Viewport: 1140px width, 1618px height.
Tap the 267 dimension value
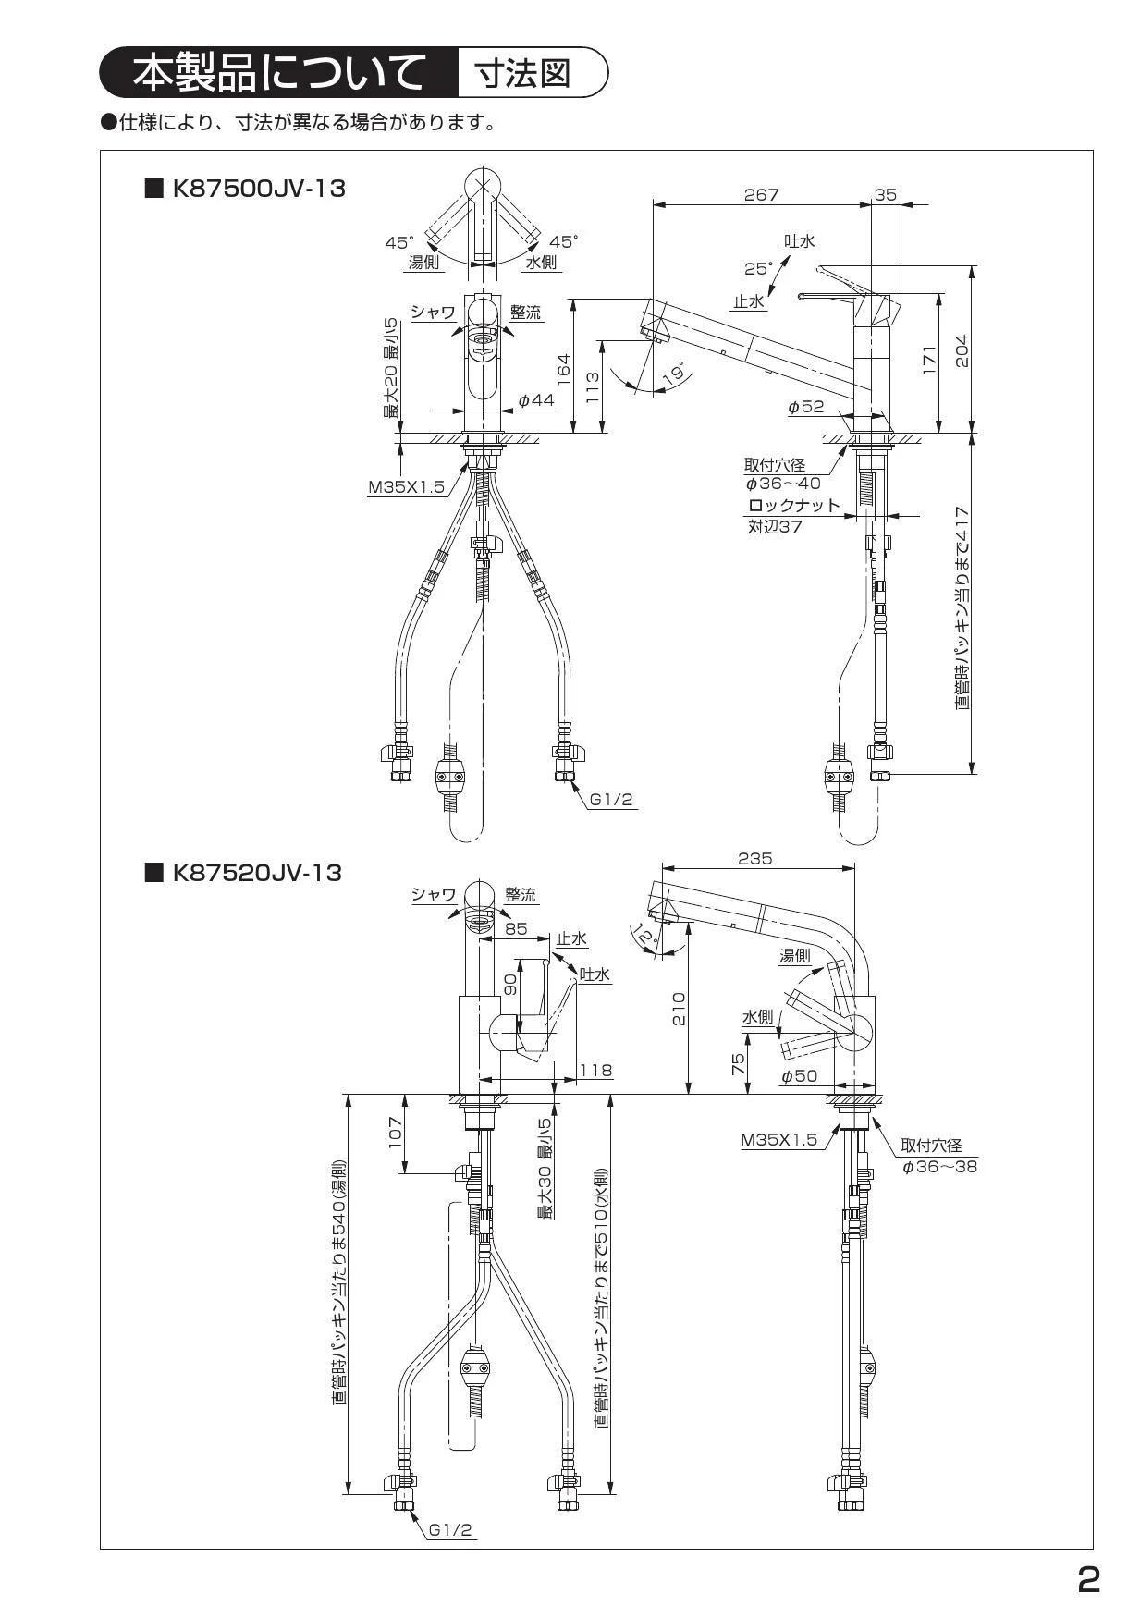point(762,195)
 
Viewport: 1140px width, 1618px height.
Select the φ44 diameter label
point(537,399)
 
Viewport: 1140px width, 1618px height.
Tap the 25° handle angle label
point(759,269)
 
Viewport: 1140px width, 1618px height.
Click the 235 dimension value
point(755,859)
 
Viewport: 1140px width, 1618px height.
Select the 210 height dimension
point(680,1011)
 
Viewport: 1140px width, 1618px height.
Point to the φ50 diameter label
point(799,1076)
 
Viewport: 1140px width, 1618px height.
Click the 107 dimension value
point(396,1134)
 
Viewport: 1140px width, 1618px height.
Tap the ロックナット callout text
point(794,506)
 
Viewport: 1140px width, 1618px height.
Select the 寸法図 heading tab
point(522,73)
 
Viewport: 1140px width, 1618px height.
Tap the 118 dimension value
point(595,1071)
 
